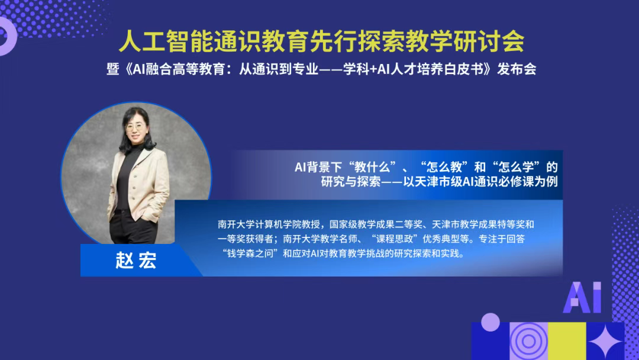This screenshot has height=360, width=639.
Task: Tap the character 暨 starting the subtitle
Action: coord(112,69)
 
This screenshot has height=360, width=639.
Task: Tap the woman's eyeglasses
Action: coord(134,127)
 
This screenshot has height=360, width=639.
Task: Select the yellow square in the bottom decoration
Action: coord(566,342)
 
